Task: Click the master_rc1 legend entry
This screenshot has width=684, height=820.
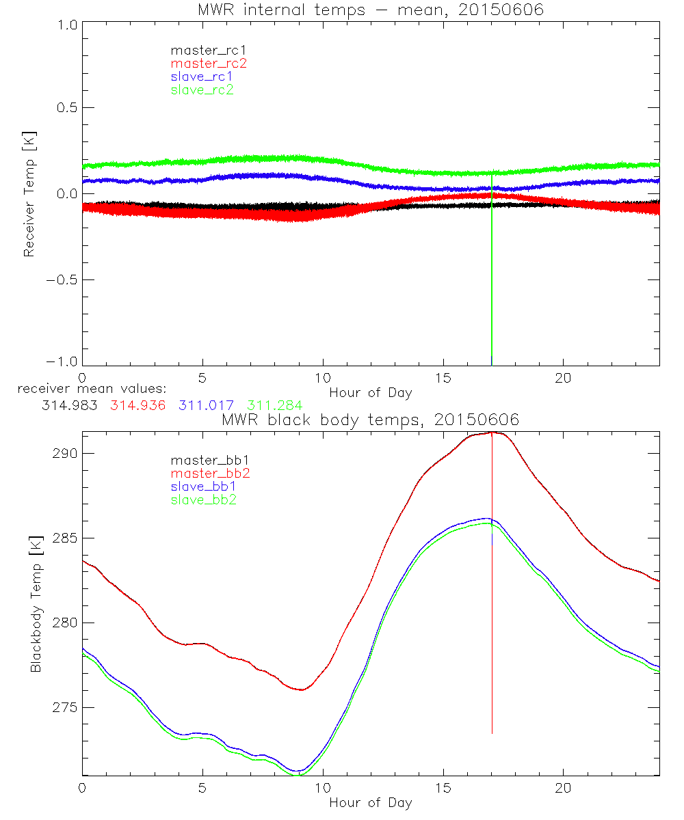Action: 202,50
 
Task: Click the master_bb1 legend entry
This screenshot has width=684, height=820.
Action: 205,461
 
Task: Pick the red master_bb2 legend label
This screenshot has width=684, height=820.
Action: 205,474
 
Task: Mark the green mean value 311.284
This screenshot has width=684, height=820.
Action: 274,405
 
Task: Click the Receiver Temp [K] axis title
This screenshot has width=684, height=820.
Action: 29,193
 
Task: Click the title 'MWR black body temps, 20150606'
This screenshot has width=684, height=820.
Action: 370,420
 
